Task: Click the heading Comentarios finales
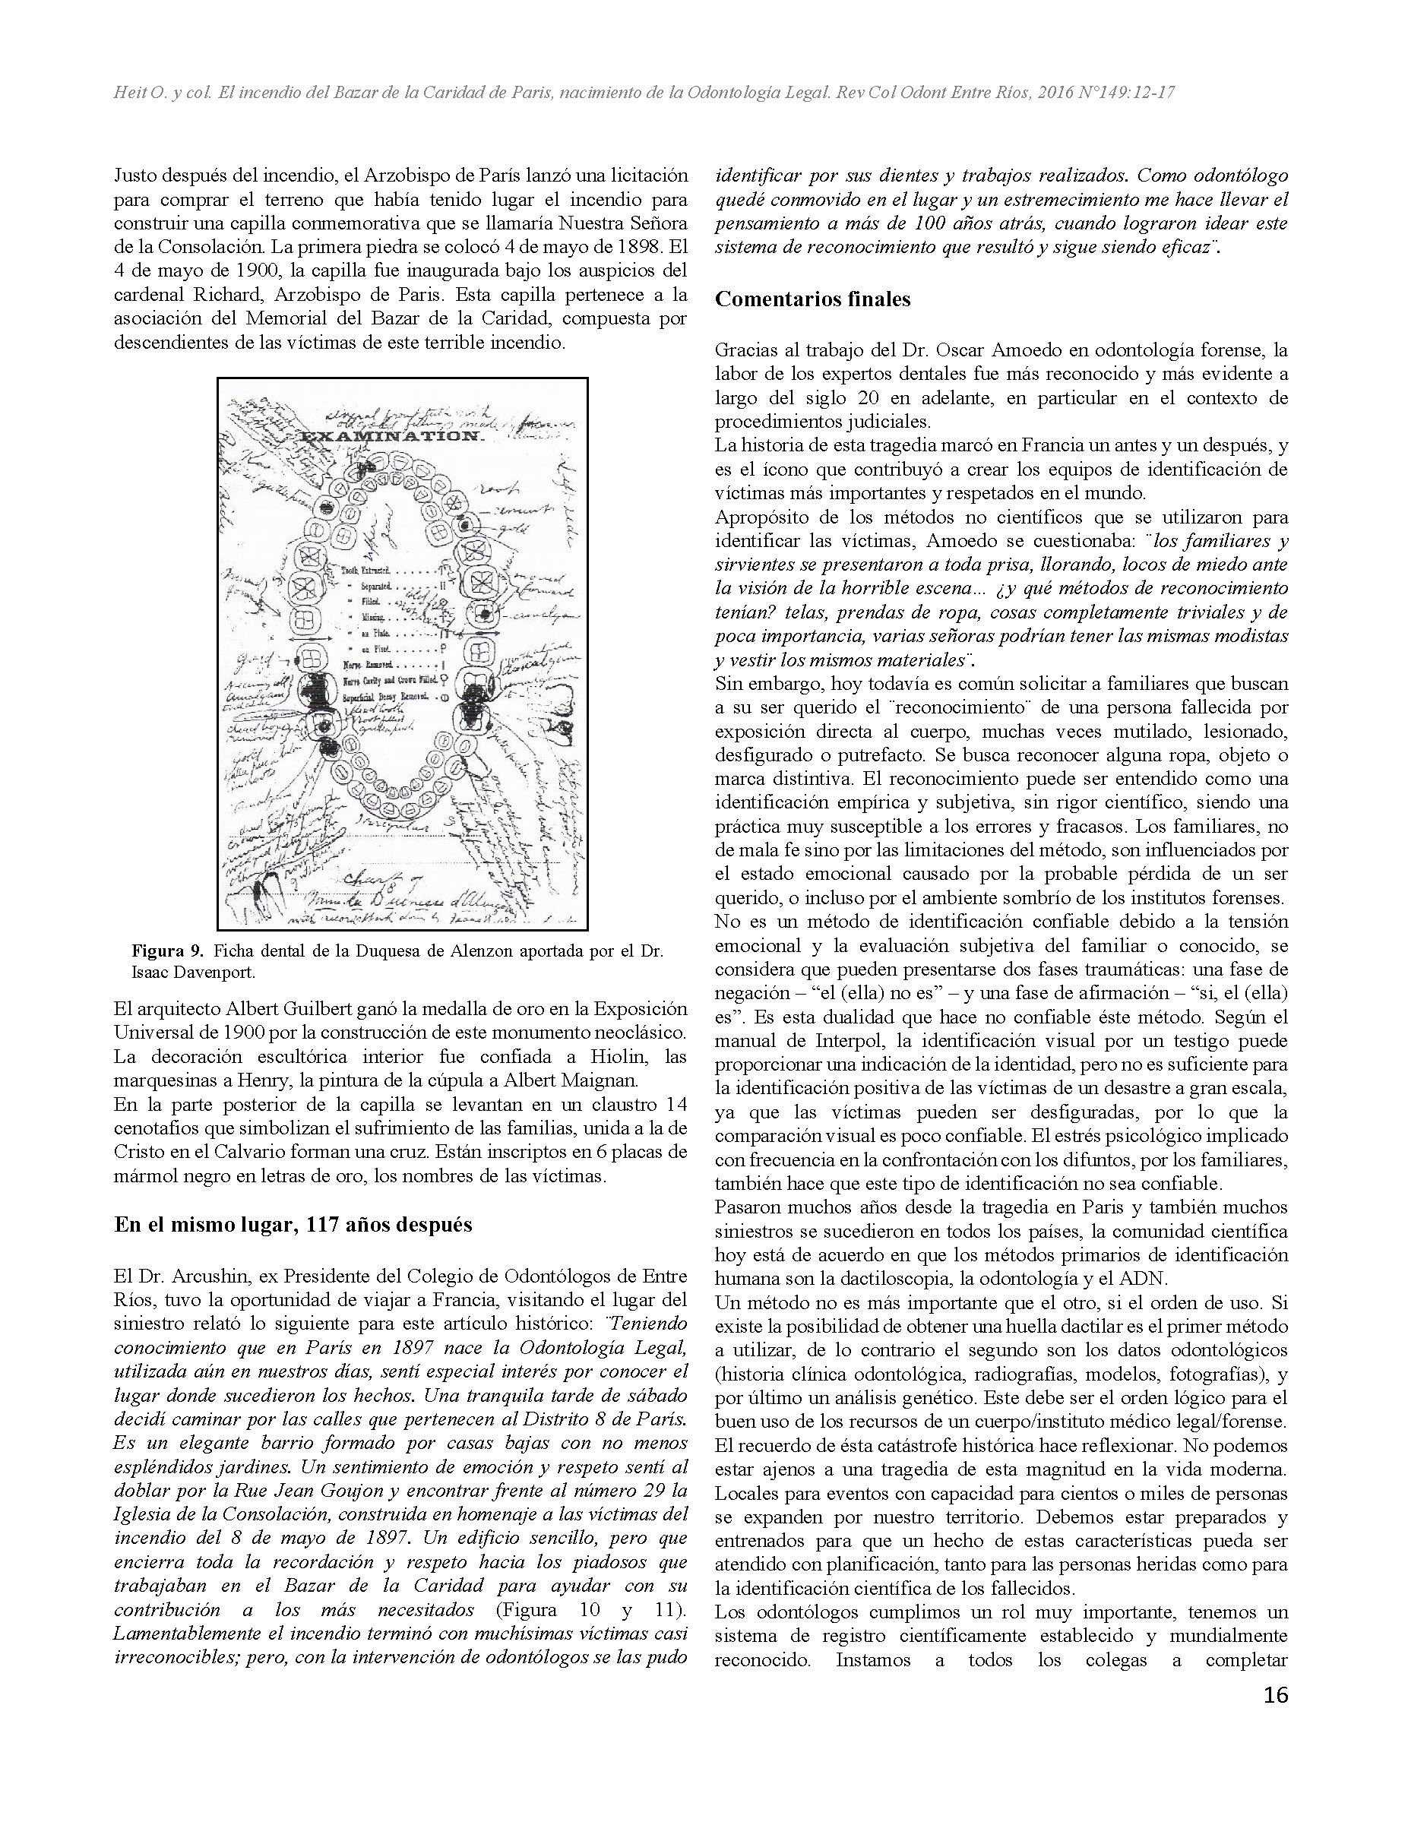tap(812, 299)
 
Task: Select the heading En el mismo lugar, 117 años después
tap(293, 1224)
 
